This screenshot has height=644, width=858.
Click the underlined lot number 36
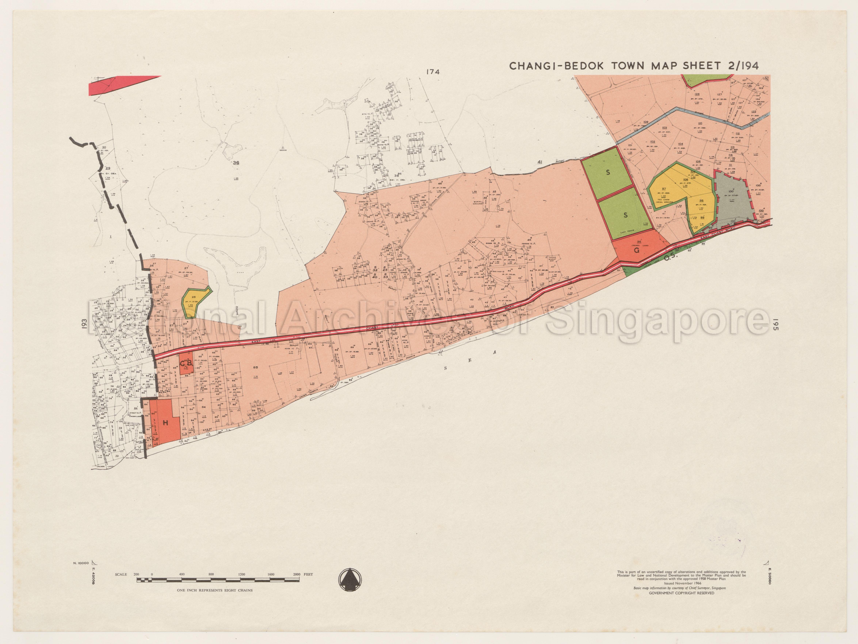[235, 163]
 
